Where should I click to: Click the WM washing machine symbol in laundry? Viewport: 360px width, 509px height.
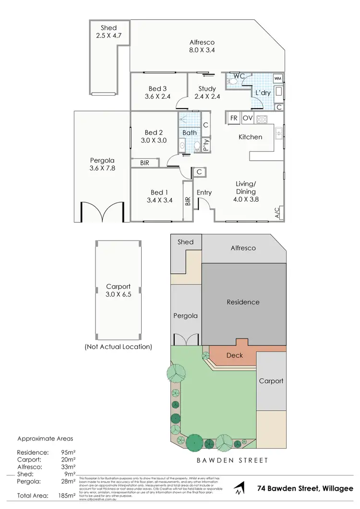277,78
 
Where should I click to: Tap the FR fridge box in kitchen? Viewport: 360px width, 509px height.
234,118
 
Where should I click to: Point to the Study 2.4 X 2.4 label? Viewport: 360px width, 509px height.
207,92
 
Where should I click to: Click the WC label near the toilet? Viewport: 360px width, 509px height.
239,76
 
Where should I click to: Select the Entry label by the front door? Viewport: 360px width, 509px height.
204,193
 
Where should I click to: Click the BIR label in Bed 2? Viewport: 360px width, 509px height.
144,163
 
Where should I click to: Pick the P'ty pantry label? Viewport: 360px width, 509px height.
205,145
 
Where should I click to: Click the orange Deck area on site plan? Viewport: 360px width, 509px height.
234,356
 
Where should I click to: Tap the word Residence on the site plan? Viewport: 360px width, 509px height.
243,302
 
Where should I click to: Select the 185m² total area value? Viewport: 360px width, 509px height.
67,495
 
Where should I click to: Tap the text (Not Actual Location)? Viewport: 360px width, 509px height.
118,346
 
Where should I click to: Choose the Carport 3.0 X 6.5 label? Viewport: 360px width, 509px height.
118,291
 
